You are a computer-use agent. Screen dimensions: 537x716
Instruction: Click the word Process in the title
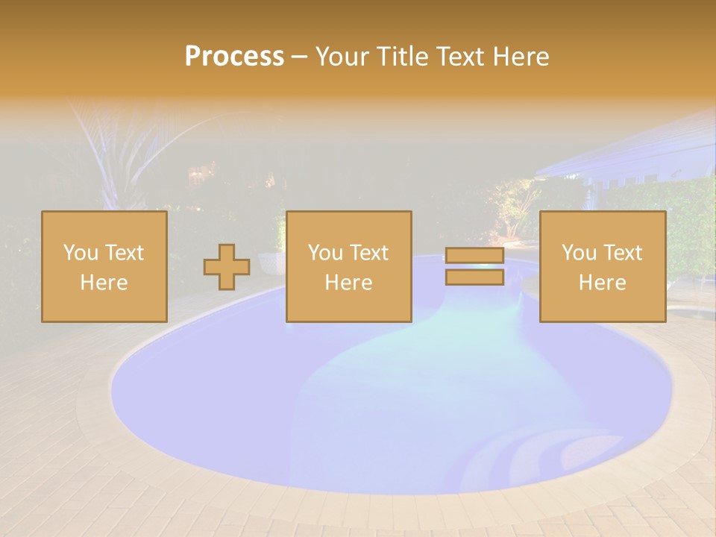point(234,56)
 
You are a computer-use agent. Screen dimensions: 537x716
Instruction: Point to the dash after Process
point(298,57)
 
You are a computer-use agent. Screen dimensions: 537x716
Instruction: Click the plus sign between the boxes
point(227,267)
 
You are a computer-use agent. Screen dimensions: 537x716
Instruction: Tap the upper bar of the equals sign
point(474,256)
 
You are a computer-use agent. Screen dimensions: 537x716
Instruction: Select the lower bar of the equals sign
point(474,277)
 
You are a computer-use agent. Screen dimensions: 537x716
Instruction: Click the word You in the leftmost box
point(80,253)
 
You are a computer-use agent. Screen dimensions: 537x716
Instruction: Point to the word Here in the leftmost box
point(104,283)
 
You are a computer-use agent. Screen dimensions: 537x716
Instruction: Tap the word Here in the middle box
point(348,283)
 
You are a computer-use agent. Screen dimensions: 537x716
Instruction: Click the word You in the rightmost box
point(579,253)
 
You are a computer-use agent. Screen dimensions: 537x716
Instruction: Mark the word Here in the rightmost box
point(602,283)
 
